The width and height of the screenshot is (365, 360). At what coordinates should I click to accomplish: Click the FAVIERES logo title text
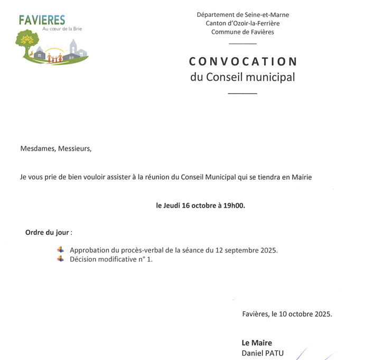[42, 20]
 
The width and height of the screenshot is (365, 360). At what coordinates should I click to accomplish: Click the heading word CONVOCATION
[243, 61]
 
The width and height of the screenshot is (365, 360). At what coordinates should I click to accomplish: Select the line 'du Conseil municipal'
[242, 77]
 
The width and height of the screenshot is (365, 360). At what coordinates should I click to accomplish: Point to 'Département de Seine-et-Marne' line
[243, 15]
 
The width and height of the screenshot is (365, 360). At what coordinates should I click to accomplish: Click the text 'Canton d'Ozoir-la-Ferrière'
[243, 23]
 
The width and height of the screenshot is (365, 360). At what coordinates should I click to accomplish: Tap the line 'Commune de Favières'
[243, 32]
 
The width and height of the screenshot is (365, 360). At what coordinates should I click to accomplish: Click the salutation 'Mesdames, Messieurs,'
[56, 149]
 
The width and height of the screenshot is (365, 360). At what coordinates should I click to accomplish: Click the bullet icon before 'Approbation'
[61, 250]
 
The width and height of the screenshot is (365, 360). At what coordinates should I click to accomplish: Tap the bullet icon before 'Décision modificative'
[61, 259]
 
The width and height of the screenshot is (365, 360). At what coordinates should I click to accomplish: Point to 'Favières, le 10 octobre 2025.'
[287, 314]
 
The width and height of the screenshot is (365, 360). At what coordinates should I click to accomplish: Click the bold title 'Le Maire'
[257, 343]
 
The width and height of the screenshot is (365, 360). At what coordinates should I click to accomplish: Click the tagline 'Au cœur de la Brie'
[67, 30]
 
